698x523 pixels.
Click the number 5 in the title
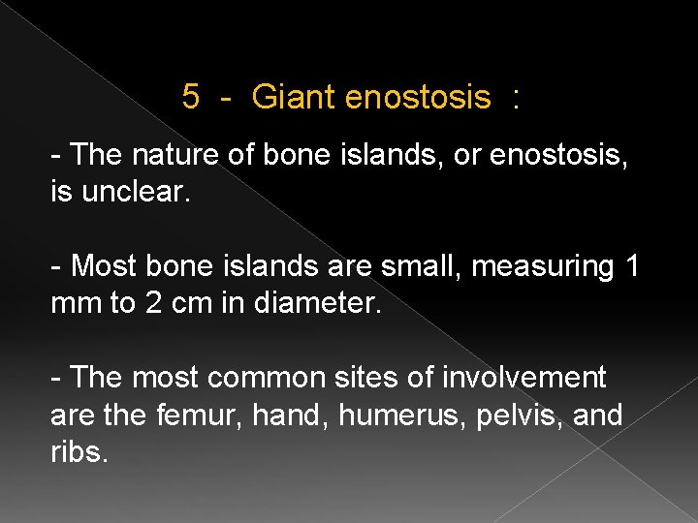click(191, 97)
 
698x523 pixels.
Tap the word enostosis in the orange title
click(417, 97)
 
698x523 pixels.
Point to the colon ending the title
click(516, 98)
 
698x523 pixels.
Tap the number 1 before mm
click(630, 264)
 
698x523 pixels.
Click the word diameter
click(320, 304)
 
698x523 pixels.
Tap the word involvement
click(528, 376)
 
